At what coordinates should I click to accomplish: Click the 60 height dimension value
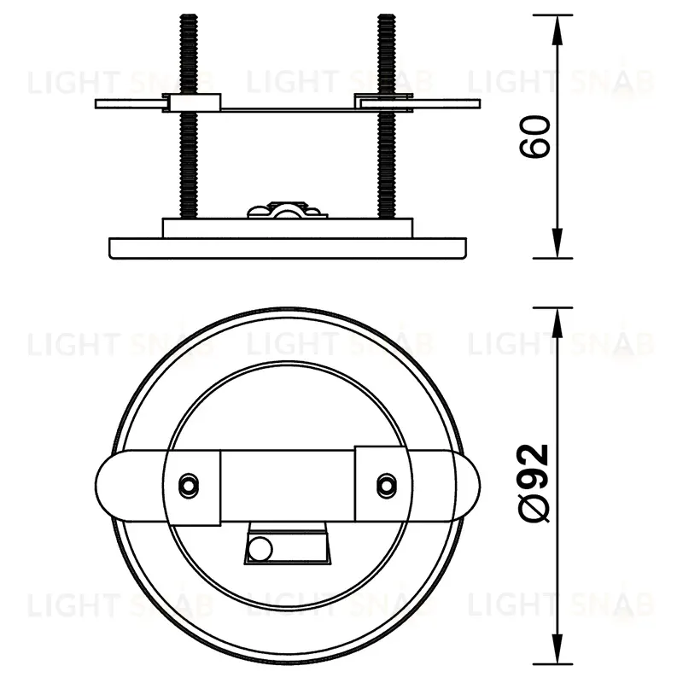[535, 137]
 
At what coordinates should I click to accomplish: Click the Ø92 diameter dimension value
[535, 483]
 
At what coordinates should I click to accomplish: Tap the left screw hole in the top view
[189, 483]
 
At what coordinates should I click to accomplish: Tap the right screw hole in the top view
[387, 483]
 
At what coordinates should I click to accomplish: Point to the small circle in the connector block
[260, 549]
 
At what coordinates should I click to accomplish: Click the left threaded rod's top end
[189, 15]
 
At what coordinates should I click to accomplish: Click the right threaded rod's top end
[387, 15]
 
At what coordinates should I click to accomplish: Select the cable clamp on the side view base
[287, 210]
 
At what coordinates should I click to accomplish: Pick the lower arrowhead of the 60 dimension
[557, 243]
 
